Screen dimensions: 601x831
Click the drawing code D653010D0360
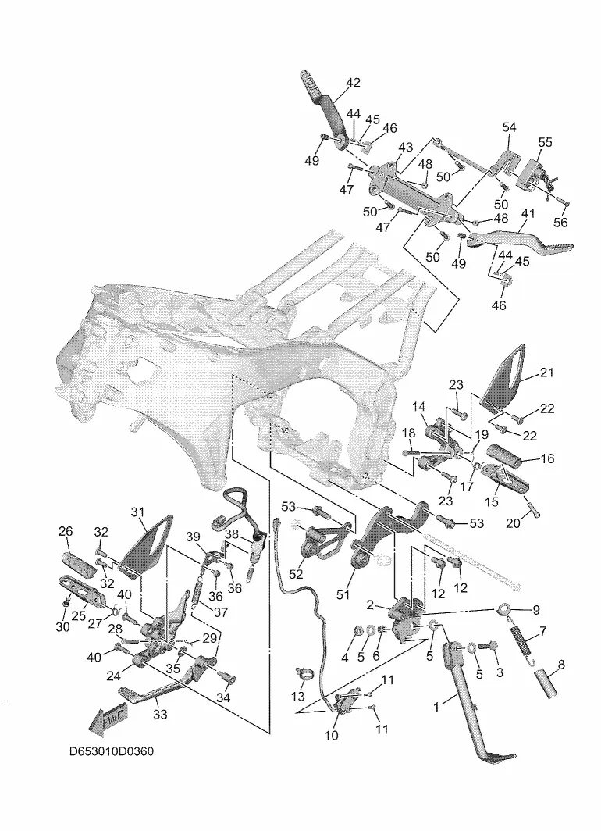(x=112, y=751)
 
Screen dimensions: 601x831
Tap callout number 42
(x=354, y=83)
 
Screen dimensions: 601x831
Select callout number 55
(x=545, y=142)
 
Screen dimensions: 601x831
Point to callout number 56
(x=560, y=222)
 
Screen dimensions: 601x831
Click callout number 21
(x=546, y=373)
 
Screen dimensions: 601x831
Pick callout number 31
(x=137, y=512)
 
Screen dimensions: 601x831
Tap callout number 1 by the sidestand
(x=436, y=707)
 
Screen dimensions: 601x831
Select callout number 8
(x=561, y=664)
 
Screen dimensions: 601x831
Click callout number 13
(x=298, y=696)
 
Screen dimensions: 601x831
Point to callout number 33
(x=160, y=715)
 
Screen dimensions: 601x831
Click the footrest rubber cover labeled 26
(x=80, y=565)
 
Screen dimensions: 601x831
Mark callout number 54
(x=509, y=127)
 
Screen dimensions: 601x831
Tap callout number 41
(x=528, y=213)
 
